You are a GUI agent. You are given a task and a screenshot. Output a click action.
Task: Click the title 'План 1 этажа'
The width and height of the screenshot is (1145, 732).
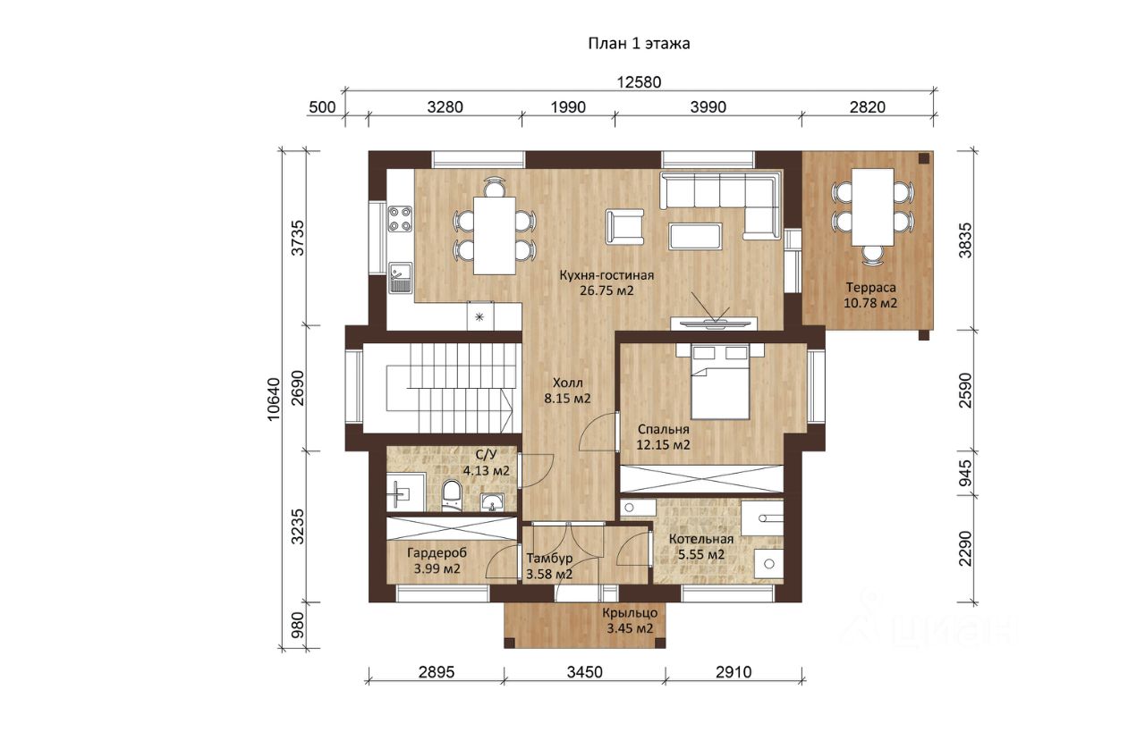(639, 44)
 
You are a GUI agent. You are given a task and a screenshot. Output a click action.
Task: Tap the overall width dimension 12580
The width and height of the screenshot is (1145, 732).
(639, 81)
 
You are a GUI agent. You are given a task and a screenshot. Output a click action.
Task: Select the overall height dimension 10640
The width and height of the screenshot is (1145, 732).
(274, 399)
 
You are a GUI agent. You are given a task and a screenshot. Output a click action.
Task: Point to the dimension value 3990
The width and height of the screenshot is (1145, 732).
(708, 107)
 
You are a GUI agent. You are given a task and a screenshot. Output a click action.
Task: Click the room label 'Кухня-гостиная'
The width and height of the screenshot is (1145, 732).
(606, 275)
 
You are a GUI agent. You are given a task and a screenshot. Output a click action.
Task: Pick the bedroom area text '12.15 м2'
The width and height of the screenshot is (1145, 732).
(663, 445)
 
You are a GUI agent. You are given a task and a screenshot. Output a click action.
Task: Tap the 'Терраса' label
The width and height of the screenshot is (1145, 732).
(870, 288)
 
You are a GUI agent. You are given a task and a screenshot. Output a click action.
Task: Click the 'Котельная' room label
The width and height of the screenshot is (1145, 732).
(701, 539)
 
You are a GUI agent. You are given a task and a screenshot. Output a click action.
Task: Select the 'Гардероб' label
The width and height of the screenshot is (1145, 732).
(437, 553)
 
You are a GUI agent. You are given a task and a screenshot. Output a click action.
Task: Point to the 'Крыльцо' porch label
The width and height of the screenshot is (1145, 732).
(630, 613)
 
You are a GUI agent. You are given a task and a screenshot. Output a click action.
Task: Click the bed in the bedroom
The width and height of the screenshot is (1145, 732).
(720, 381)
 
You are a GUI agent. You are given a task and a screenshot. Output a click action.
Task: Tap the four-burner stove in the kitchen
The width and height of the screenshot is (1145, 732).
(400, 218)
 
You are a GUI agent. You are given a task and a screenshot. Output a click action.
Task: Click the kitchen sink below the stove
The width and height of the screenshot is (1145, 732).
(400, 277)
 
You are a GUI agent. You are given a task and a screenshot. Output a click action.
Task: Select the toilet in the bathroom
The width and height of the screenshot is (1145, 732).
(452, 495)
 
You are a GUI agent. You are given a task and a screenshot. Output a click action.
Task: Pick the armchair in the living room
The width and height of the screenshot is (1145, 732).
(624, 226)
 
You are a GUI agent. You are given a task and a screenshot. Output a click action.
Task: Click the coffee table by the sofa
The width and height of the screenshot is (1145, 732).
(696, 236)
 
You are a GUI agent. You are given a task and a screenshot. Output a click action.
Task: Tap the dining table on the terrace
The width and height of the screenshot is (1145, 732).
(872, 207)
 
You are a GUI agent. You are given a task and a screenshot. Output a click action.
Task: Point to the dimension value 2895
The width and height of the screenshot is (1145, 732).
(436, 672)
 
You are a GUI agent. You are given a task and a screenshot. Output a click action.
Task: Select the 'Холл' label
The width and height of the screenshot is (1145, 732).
(567, 383)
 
